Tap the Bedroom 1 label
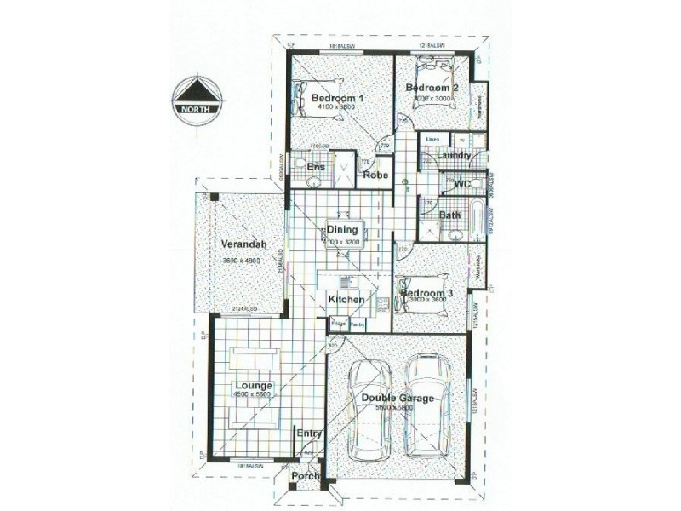point(338,98)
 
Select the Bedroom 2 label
point(432,88)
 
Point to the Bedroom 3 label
point(426,293)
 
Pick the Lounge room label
point(255,385)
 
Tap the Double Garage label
point(398,398)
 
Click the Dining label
point(346,228)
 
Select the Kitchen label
point(346,300)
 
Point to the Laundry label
point(455,156)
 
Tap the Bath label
point(449,215)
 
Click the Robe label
point(375,175)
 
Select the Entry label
point(309,433)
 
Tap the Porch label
point(305,476)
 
